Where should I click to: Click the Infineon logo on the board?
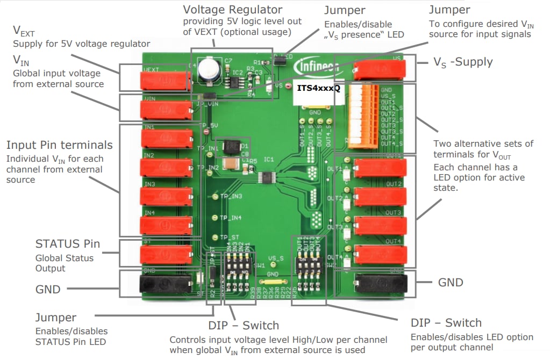pos(317,67)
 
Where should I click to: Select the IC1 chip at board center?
pos(267,177)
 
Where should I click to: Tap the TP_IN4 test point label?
pos(230,218)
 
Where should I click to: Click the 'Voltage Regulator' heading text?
pos(232,10)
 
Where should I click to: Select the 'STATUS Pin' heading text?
pos(67,244)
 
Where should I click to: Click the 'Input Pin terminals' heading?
pos(59,145)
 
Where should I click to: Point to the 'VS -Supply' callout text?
pos(463,62)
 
